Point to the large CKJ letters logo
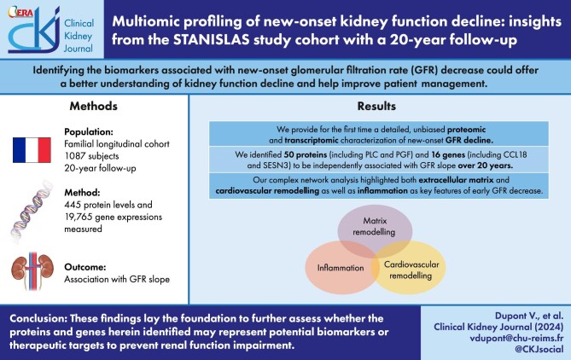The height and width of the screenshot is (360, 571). coord(26,35)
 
